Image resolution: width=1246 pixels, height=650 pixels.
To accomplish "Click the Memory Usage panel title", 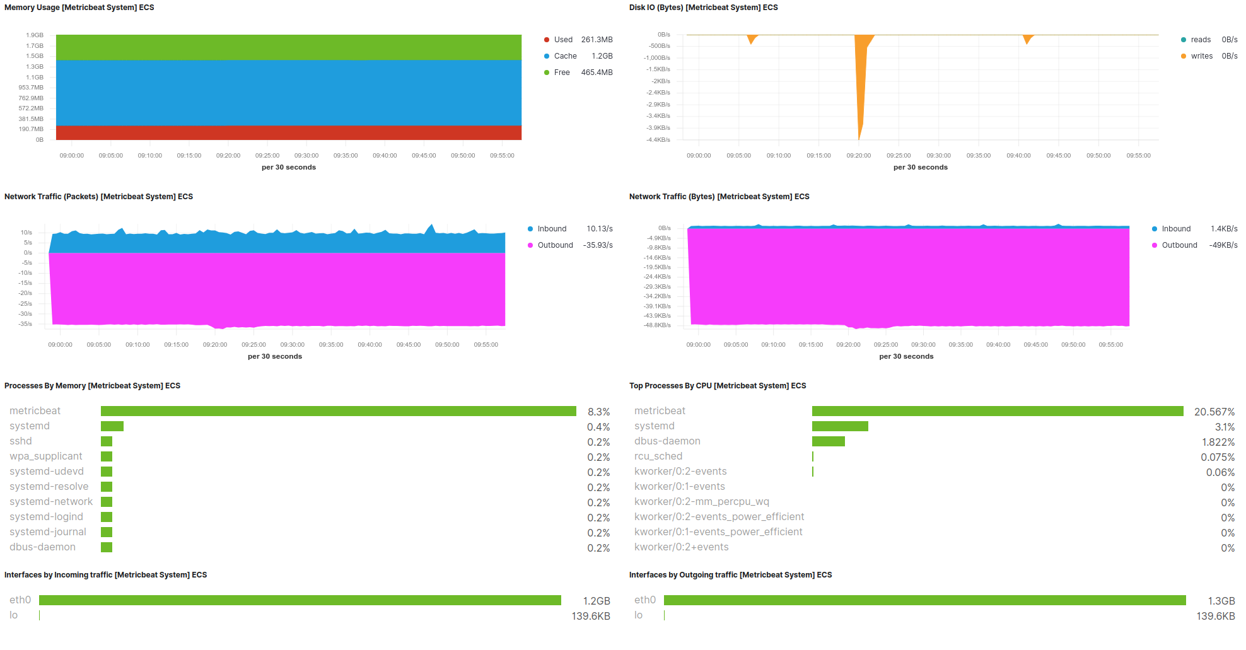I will pos(79,8).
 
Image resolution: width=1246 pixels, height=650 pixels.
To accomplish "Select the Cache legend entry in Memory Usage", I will pos(565,56).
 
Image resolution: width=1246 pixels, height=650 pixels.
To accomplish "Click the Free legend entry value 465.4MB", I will pos(597,73).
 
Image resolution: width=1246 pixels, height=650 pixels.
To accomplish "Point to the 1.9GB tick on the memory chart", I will pos(35,35).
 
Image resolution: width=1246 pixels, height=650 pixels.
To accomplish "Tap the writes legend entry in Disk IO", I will pos(1201,56).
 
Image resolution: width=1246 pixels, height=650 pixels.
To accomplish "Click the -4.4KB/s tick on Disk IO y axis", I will pos(658,140).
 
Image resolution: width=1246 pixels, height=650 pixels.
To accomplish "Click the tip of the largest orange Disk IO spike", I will pos(859,139).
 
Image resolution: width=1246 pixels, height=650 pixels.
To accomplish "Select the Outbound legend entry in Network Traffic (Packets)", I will pos(555,245).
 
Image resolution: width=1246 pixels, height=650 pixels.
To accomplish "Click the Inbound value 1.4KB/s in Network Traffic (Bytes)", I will pos(1223,229).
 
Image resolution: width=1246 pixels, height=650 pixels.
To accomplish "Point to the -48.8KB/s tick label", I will pos(657,325).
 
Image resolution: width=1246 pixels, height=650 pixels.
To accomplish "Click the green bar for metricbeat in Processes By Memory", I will pos(338,411).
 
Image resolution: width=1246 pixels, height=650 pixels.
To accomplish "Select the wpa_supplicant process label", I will pos(46,456).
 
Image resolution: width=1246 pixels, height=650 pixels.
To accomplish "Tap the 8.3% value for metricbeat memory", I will pos(598,412).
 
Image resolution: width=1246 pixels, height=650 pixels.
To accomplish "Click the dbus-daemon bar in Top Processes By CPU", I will pos(828,441).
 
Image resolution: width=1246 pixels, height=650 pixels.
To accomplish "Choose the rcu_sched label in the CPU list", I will pos(658,456).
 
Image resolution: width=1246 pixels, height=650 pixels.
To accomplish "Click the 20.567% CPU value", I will pos(1214,412).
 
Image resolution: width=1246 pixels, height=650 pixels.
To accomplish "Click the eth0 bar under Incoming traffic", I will pos(300,600).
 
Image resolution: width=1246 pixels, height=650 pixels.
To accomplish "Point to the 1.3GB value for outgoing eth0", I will pos(1221,601).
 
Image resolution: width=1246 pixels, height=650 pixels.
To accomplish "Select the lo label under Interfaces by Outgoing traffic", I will pos(638,615).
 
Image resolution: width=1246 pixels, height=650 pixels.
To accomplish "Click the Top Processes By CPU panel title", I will pos(717,386).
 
